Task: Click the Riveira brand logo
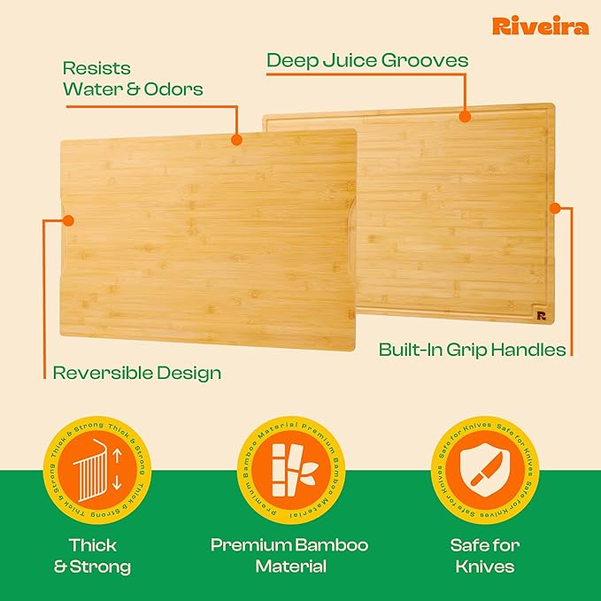(x=540, y=26)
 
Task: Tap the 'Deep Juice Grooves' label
(x=367, y=60)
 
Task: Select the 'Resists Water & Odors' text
(x=133, y=78)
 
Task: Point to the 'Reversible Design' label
(x=137, y=373)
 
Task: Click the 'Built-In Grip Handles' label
(x=472, y=350)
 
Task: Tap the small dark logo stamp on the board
(x=541, y=315)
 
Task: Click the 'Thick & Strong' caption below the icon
(x=93, y=555)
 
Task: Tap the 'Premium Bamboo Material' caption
(x=289, y=555)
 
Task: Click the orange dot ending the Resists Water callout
(x=236, y=139)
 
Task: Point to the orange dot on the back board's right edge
(x=555, y=210)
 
